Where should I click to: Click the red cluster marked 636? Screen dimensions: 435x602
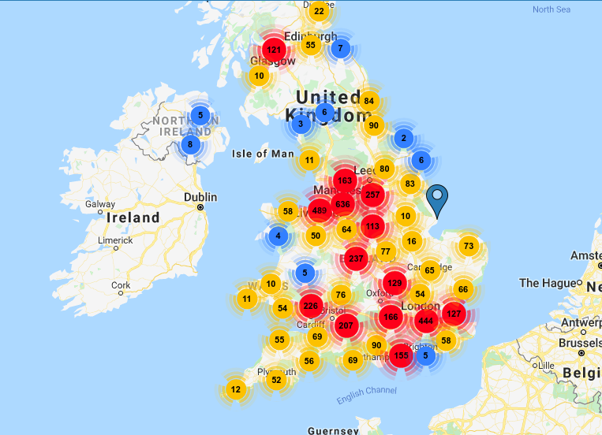point(342,205)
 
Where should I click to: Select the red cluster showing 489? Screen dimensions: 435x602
point(320,210)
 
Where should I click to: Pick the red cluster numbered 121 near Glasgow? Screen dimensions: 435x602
point(274,50)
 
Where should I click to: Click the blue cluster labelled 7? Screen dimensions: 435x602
point(340,48)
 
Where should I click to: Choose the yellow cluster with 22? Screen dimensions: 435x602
point(319,10)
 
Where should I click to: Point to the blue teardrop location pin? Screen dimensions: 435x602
point(436,199)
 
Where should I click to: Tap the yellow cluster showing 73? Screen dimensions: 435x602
point(469,246)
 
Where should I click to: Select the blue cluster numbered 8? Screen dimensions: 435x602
point(190,144)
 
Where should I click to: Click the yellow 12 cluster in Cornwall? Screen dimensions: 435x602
point(235,389)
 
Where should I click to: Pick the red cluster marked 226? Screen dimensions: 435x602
point(310,307)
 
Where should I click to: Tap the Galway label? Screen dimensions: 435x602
point(99,204)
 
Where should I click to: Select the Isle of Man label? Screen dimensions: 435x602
point(263,154)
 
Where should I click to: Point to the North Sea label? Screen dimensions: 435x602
point(551,9)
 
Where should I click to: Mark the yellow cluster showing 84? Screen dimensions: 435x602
point(368,101)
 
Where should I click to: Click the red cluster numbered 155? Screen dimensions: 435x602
point(402,355)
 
